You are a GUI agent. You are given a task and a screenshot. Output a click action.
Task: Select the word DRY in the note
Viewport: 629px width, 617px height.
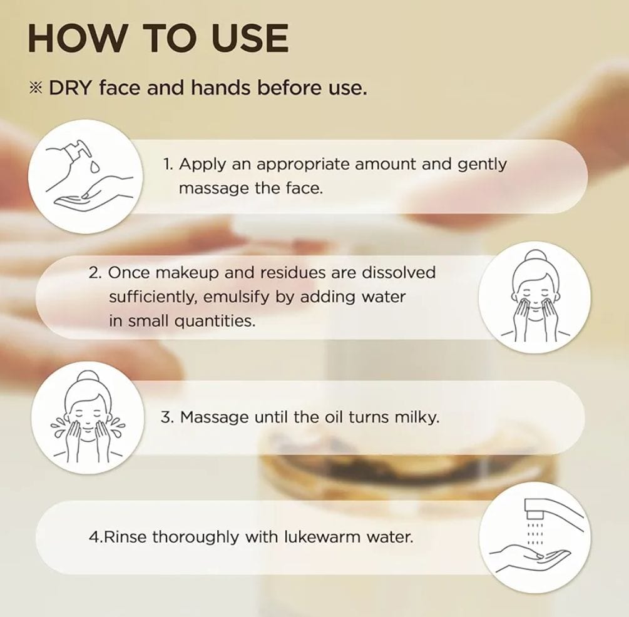coord(71,88)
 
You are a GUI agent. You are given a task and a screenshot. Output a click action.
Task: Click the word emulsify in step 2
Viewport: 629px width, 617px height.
coord(237,297)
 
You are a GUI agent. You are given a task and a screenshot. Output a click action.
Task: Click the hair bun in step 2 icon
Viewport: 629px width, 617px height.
coord(533,257)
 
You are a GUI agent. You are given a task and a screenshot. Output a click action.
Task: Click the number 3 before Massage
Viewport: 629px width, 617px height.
coord(165,417)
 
